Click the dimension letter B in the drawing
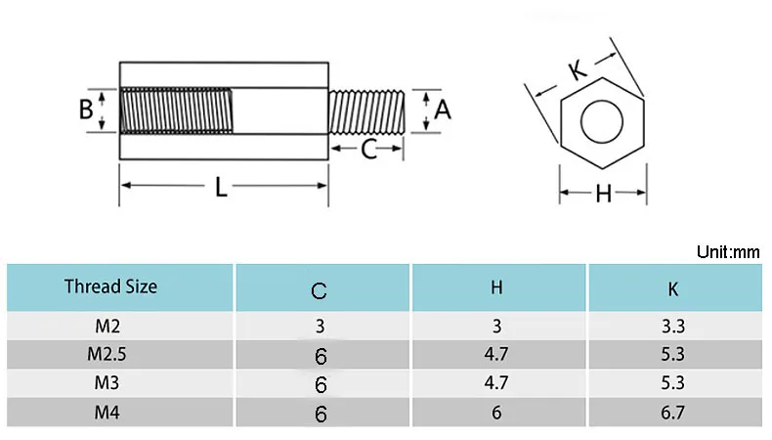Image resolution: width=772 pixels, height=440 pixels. (87, 109)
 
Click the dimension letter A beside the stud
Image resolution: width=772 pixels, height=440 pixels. (443, 110)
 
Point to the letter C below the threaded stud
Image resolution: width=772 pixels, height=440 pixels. (368, 150)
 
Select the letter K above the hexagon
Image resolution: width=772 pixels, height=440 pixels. (576, 70)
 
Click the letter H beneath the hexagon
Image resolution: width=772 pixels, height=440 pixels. (603, 194)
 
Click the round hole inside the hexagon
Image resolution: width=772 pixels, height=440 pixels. (603, 124)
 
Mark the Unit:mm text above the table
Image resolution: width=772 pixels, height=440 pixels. (727, 251)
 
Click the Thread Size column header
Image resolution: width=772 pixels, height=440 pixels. (110, 287)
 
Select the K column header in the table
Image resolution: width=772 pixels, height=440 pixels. (673, 288)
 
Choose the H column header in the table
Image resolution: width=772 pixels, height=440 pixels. (496, 287)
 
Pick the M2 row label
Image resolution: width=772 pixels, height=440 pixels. (108, 326)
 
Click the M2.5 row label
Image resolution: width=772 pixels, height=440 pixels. (108, 355)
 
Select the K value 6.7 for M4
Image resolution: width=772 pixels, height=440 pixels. (673, 413)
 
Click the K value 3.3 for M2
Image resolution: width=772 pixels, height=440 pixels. (673, 327)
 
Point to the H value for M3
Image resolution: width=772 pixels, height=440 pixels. (496, 383)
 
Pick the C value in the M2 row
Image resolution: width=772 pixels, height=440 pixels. (320, 327)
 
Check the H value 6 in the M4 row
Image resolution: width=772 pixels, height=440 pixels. (496, 413)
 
